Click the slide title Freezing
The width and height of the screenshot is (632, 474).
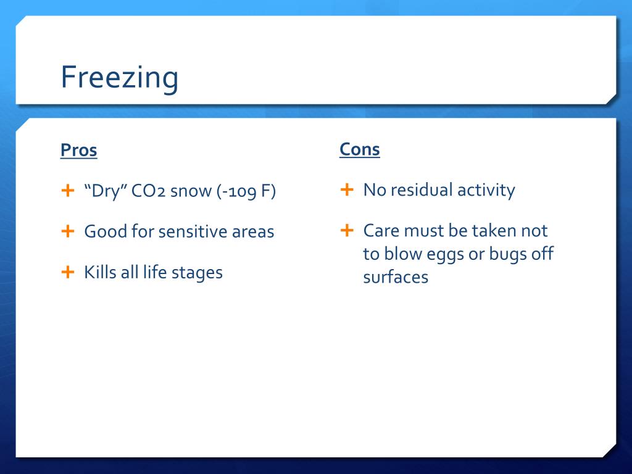tap(119, 77)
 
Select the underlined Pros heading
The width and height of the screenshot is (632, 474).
tap(78, 151)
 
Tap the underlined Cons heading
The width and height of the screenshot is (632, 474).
tap(360, 149)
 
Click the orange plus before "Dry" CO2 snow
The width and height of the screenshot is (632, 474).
tap(68, 190)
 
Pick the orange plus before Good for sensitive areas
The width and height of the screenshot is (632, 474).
tap(68, 231)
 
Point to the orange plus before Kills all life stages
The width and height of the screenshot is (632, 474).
tap(68, 272)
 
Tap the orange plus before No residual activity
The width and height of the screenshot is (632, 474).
tap(347, 189)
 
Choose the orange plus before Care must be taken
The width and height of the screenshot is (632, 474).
tap(347, 230)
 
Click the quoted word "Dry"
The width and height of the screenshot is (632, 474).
tap(106, 191)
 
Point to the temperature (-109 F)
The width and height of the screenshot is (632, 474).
tap(246, 191)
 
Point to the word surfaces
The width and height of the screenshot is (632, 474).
tap(396, 277)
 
